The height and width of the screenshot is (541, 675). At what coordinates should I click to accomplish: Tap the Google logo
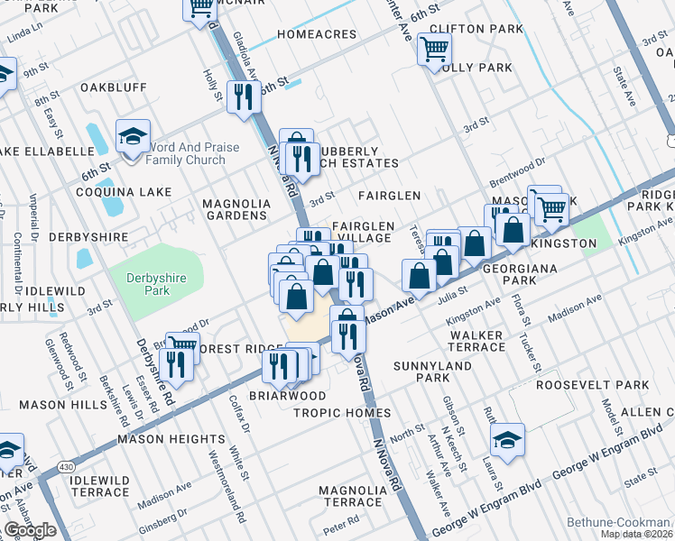pyautogui.click(x=30, y=530)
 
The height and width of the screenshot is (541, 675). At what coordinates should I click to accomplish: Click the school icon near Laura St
pyautogui.click(x=508, y=441)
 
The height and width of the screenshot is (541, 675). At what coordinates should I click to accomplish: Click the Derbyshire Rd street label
pyautogui.click(x=154, y=359)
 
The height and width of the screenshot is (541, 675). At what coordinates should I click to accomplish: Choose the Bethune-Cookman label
pyautogui.click(x=618, y=522)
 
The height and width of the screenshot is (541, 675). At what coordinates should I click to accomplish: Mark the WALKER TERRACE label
pyautogui.click(x=476, y=341)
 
